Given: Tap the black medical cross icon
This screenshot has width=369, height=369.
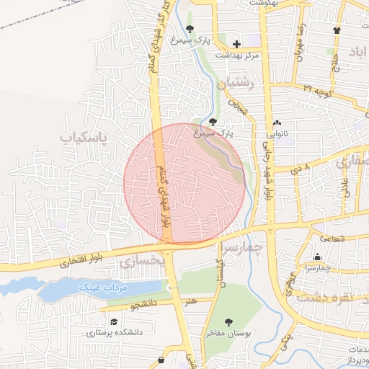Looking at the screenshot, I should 236,45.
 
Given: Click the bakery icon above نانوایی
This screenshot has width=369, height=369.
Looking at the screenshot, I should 277,123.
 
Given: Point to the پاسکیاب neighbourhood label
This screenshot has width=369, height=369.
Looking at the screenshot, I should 84,136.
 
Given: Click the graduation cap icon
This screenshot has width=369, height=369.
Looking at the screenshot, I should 114,321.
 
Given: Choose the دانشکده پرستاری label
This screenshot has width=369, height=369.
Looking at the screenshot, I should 111,333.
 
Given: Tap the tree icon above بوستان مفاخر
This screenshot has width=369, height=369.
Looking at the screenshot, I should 228,322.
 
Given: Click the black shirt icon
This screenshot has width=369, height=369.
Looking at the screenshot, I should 337,30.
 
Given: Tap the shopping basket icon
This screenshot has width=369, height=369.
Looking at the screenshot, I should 160,358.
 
